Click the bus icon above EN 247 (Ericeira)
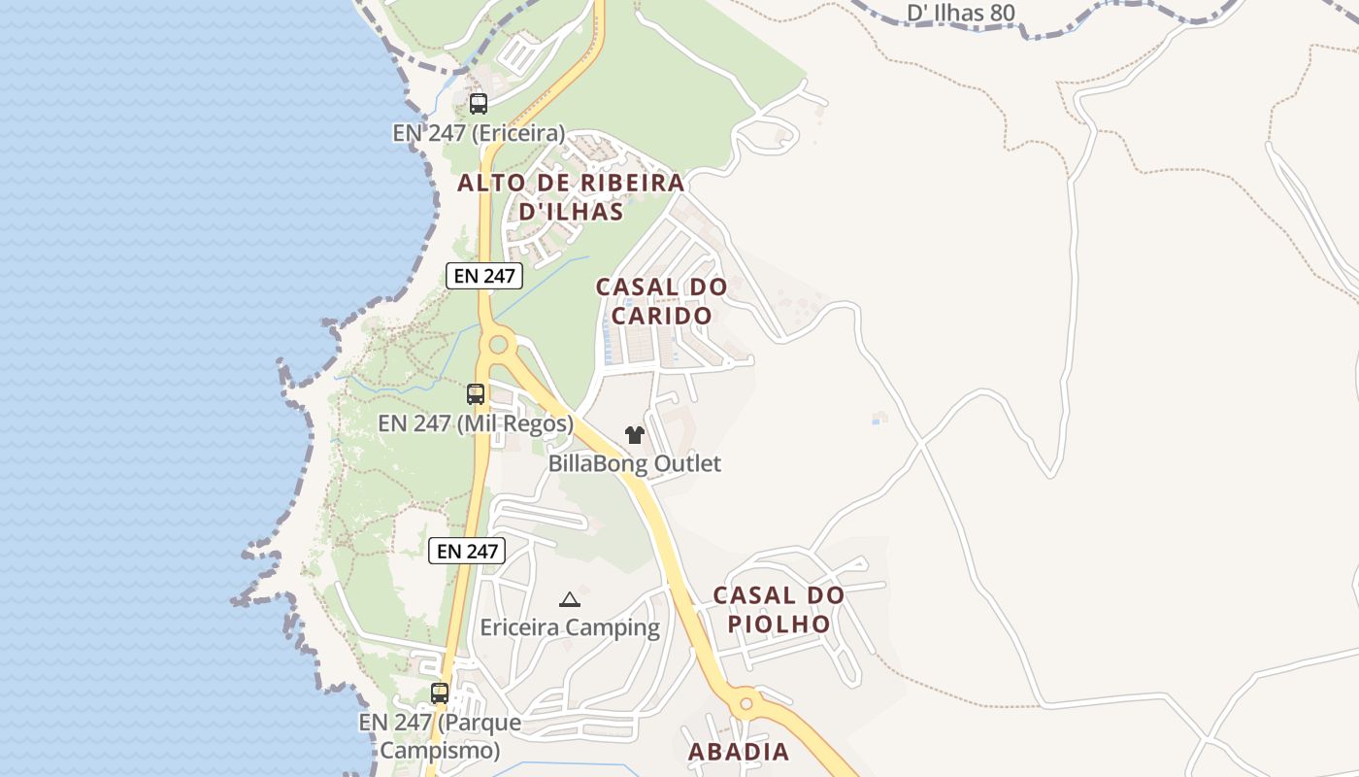478,104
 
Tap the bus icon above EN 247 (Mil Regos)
475,394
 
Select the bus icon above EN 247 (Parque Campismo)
440,693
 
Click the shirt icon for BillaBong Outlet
634,435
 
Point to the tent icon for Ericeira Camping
570,599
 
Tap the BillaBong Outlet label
635,463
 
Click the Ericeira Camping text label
570,627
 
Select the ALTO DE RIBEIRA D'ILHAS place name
571,196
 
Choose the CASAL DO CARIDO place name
661,301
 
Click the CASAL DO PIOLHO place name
779,609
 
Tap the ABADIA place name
739,752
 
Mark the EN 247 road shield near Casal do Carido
484,276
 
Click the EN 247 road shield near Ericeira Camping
467,551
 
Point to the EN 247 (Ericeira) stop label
479,133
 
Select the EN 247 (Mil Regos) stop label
476,423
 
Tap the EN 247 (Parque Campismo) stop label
440,736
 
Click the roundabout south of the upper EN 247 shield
499,343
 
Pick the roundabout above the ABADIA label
746,701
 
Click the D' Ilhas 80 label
960,13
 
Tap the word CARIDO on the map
661,316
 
